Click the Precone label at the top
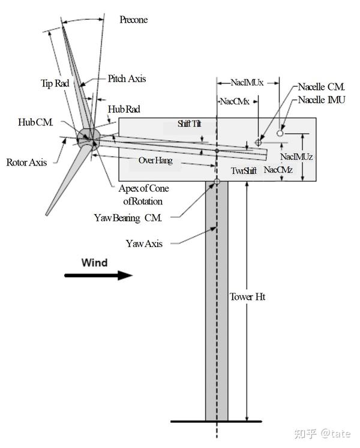134,20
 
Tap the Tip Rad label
55,83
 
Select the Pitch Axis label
127,79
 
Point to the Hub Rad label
124,109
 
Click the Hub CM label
35,122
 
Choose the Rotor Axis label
26,163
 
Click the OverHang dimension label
155,160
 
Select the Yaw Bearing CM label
128,218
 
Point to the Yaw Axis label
144,243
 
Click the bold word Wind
94,263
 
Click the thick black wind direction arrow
98,275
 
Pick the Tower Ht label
248,297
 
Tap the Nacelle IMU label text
322,100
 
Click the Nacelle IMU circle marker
280,133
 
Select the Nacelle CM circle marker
258,142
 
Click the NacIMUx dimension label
247,83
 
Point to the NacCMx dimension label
235,101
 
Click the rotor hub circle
89,139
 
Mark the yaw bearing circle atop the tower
217,182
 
